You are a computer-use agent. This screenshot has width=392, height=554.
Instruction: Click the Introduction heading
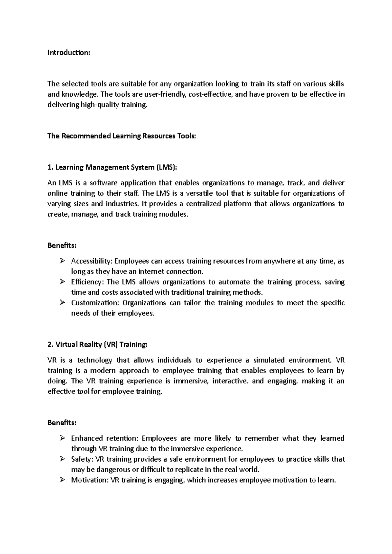click(x=68, y=53)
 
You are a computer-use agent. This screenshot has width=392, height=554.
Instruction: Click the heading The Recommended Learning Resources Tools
click(x=122, y=136)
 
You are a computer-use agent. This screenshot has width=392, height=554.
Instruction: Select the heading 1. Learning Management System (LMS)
click(x=112, y=167)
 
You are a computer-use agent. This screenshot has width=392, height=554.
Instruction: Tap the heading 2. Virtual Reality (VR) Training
click(x=97, y=345)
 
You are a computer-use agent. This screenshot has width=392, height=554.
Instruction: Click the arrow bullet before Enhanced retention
click(x=62, y=438)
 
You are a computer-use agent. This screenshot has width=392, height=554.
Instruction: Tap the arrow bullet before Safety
click(x=62, y=459)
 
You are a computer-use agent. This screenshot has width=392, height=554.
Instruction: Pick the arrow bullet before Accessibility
click(x=62, y=261)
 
